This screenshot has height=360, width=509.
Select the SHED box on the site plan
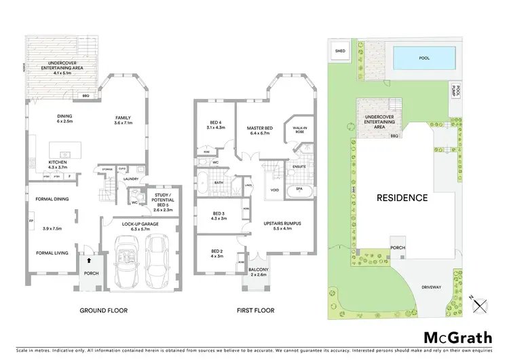pos(339,50)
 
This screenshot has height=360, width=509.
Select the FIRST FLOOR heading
pos(254,310)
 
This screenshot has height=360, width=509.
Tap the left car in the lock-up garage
pos(126,262)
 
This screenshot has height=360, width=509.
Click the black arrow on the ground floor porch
pos(87,260)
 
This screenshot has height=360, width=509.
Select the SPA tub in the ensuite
pos(299,188)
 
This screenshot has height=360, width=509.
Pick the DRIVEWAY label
pos(430,287)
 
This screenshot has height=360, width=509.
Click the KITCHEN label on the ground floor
pos(58,162)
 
